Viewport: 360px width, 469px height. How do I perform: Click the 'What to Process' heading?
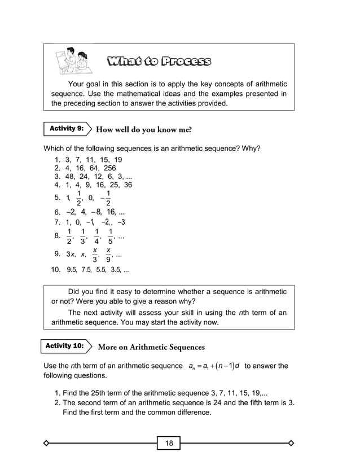(x=159, y=61)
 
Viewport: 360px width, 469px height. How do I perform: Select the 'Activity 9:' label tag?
(x=67, y=129)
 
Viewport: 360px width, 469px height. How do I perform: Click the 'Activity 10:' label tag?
(x=65, y=345)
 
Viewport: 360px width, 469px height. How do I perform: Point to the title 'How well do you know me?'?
(x=144, y=130)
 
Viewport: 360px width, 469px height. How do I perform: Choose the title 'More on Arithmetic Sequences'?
(x=151, y=347)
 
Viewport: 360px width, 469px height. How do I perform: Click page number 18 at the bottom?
(x=169, y=443)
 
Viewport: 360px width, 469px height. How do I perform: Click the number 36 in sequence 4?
(x=128, y=185)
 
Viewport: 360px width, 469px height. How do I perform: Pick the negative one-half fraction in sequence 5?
(x=106, y=198)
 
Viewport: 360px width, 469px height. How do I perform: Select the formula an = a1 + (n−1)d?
(x=214, y=366)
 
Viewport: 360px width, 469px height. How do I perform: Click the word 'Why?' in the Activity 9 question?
(x=252, y=149)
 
